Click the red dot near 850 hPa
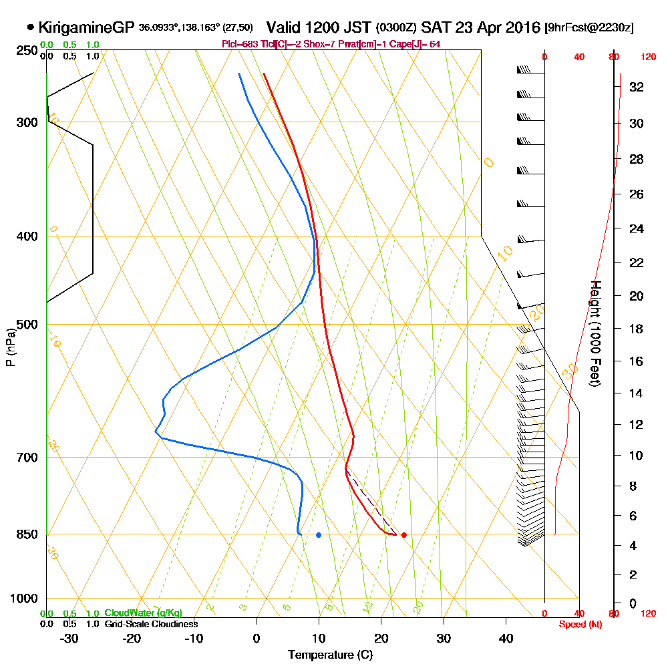(x=403, y=535)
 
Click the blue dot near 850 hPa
(x=319, y=535)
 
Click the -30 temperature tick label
(x=69, y=638)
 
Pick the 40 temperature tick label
(x=506, y=638)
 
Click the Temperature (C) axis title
(x=330, y=655)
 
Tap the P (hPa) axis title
(x=10, y=347)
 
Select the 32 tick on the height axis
(x=636, y=87)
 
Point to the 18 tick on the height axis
(x=636, y=329)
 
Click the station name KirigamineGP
(x=87, y=28)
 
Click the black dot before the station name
(x=31, y=28)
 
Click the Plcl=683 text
(x=238, y=44)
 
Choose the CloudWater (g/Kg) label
(x=142, y=613)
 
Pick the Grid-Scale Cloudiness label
(x=150, y=624)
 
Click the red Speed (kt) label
(x=580, y=624)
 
